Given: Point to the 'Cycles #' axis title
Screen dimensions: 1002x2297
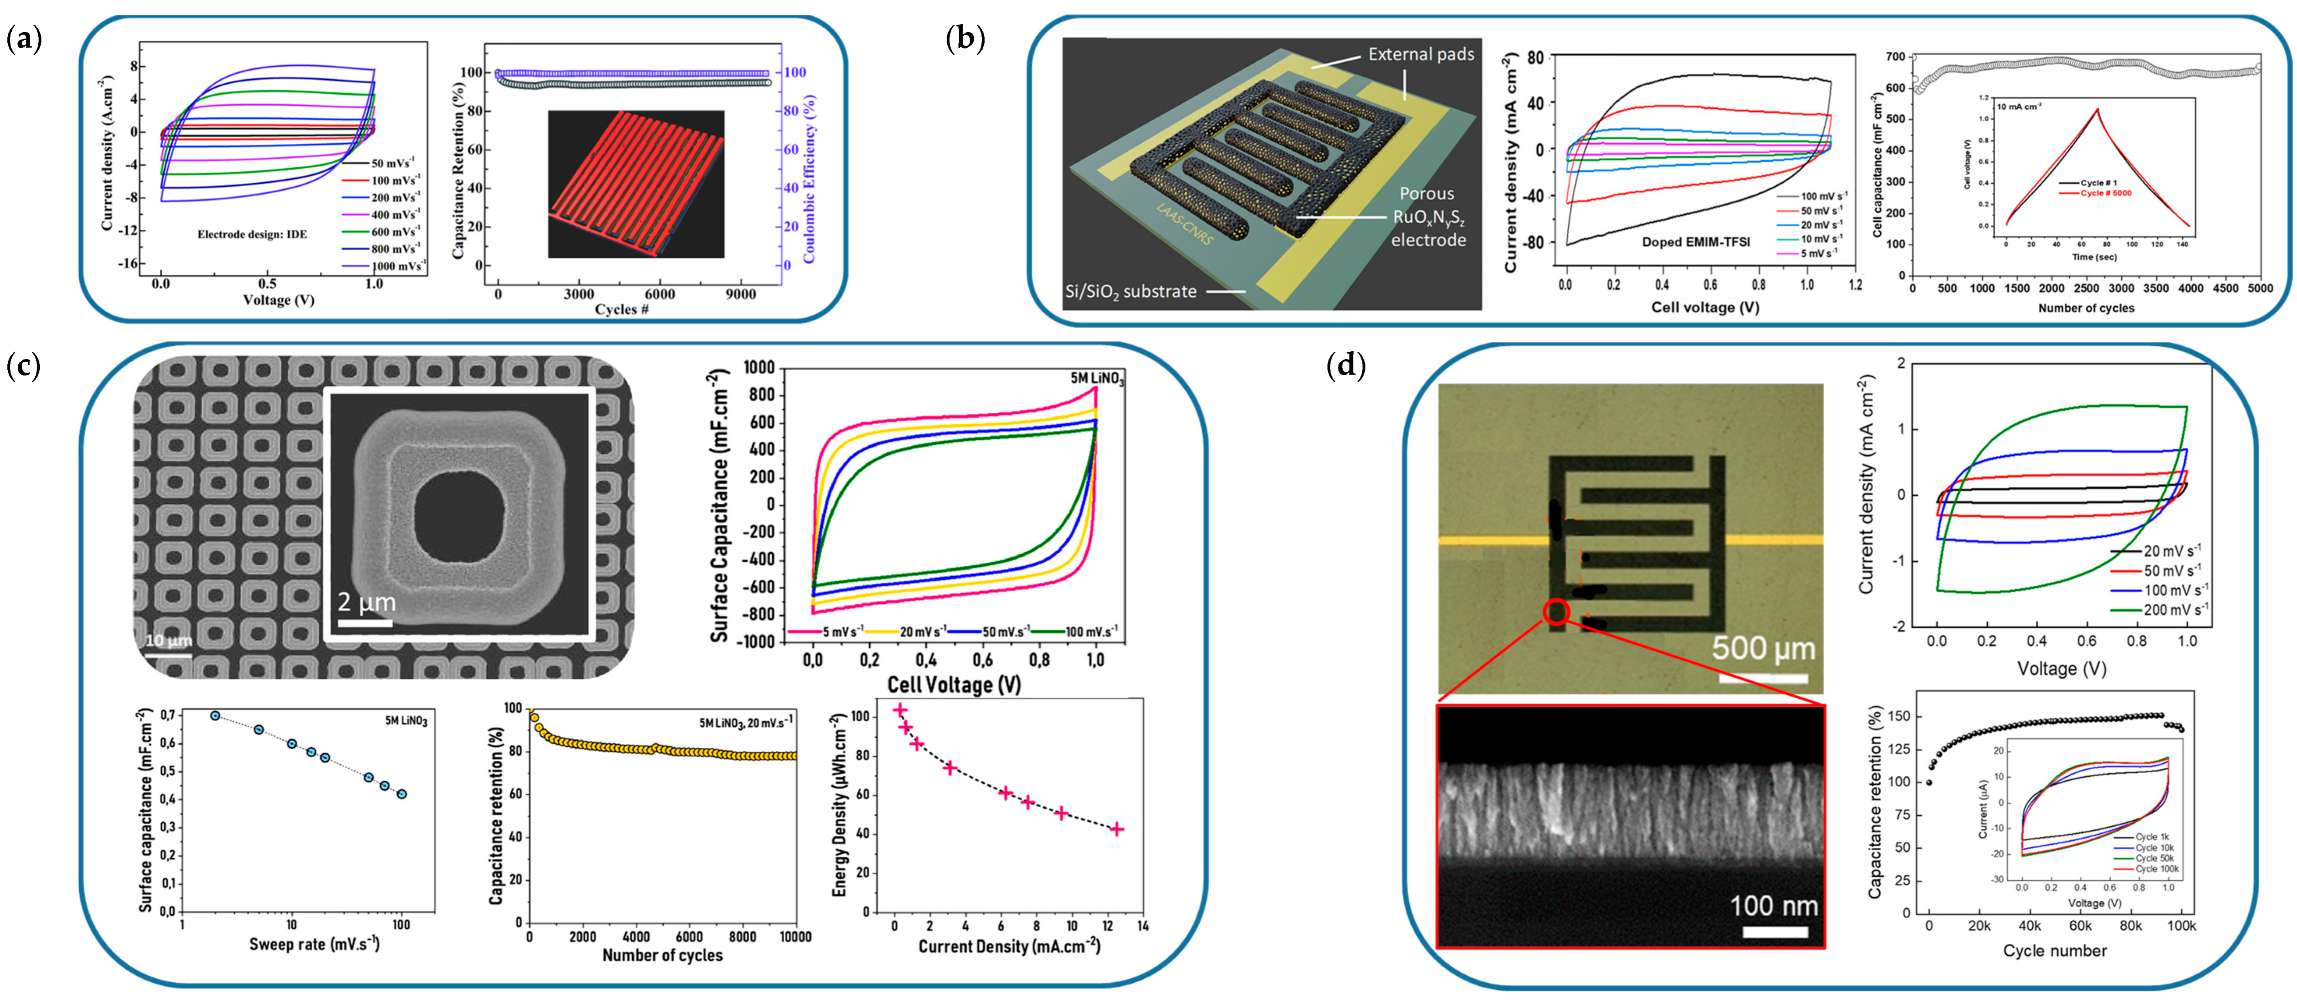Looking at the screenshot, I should click(x=622, y=309).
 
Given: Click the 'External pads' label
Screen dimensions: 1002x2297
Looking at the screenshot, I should click(x=1421, y=55).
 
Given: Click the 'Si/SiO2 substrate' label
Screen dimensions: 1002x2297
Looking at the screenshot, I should click(x=1131, y=292).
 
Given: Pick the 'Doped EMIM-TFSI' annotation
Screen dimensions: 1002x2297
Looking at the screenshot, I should click(x=1695, y=242).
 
